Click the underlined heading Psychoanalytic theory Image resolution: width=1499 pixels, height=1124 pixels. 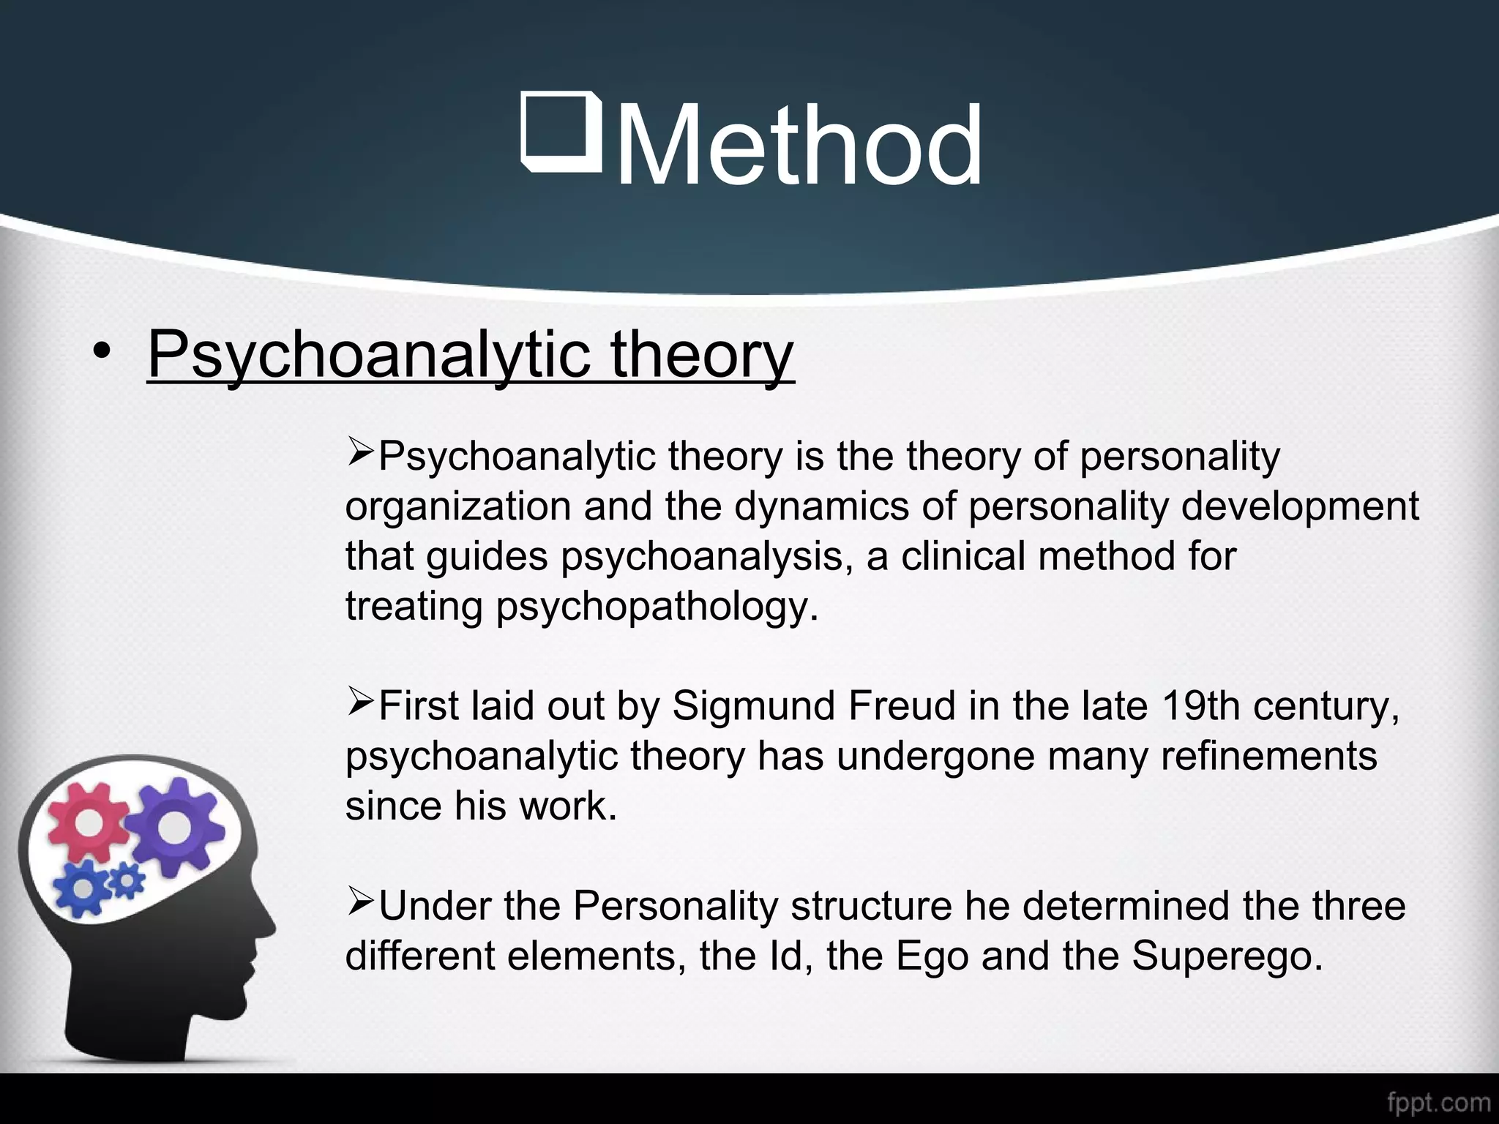(471, 354)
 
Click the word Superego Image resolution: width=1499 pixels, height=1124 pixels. (1227, 956)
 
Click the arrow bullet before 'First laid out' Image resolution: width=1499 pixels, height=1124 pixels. (360, 703)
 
